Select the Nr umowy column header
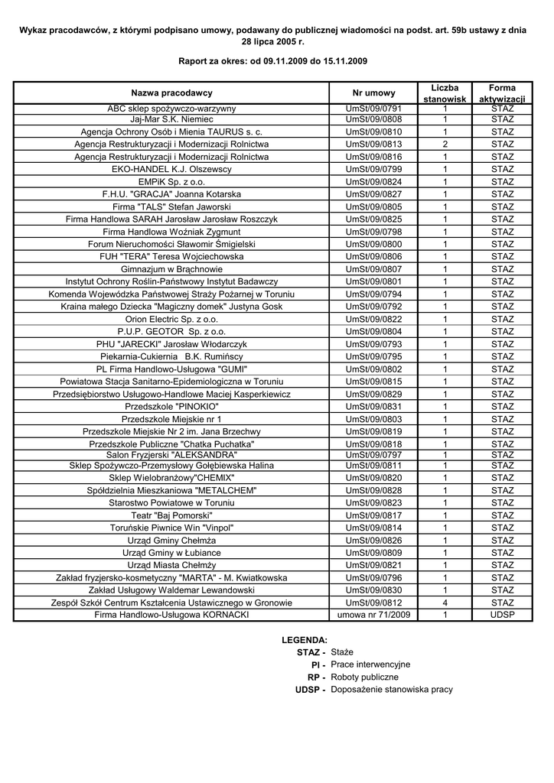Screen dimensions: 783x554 pyautogui.click(x=373, y=93)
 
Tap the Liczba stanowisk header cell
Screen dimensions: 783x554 pyautogui.click(x=445, y=93)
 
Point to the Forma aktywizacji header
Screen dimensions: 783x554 pyautogui.click(x=502, y=93)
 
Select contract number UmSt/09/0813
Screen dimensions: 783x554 pyautogui.click(x=373, y=145)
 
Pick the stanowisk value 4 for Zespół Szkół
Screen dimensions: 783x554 pyautogui.click(x=445, y=603)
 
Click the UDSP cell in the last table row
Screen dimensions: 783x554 pyautogui.click(x=502, y=615)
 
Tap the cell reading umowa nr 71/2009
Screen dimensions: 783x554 pyautogui.click(x=373, y=615)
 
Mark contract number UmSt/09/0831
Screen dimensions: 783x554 pyautogui.click(x=373, y=407)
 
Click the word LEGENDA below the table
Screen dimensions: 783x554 pyautogui.click(x=305, y=639)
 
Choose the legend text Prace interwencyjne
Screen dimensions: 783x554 pyautogui.click(x=370, y=664)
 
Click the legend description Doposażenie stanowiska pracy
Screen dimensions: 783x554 pyautogui.click(x=392, y=690)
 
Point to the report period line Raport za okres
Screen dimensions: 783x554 pyautogui.click(x=272, y=60)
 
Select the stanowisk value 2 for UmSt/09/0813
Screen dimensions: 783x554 pyautogui.click(x=445, y=145)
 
